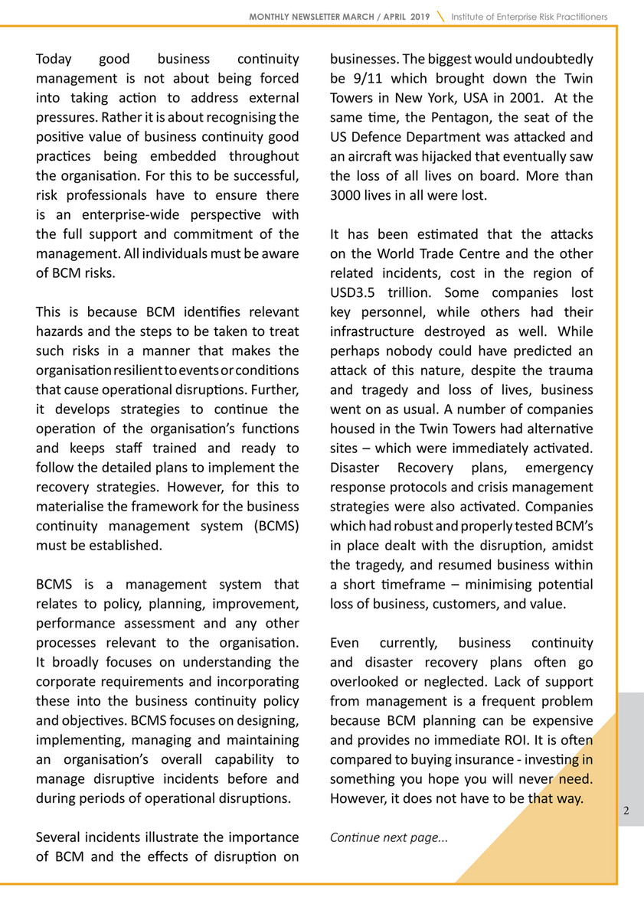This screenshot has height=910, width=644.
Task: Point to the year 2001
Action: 524,98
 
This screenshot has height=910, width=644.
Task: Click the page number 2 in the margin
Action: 626,812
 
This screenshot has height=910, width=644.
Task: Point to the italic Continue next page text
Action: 388,837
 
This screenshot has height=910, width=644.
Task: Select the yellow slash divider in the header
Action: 440,16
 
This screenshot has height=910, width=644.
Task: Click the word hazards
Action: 58,331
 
